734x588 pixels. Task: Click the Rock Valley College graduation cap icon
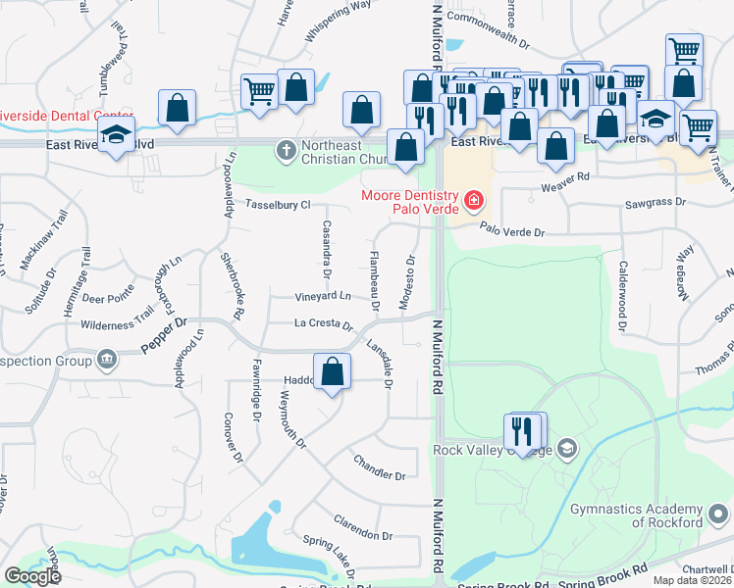566,450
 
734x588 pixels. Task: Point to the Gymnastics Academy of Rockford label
639,515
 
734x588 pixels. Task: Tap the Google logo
32,576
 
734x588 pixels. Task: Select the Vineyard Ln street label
323,296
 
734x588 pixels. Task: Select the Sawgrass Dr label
652,207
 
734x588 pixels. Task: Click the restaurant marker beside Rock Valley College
523,431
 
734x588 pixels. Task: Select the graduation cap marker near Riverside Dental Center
116,137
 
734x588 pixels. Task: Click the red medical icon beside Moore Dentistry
474,201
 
